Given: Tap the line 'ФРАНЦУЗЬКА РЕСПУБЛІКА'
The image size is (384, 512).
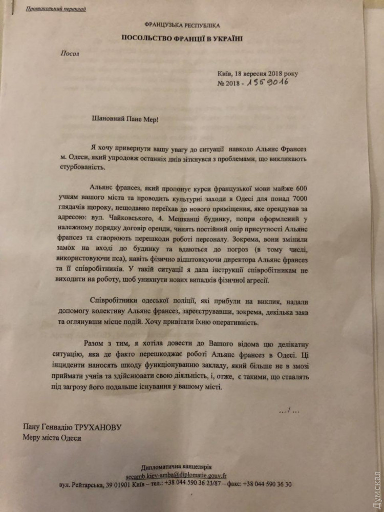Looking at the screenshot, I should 183,25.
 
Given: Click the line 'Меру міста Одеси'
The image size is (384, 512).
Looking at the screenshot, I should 52,438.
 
